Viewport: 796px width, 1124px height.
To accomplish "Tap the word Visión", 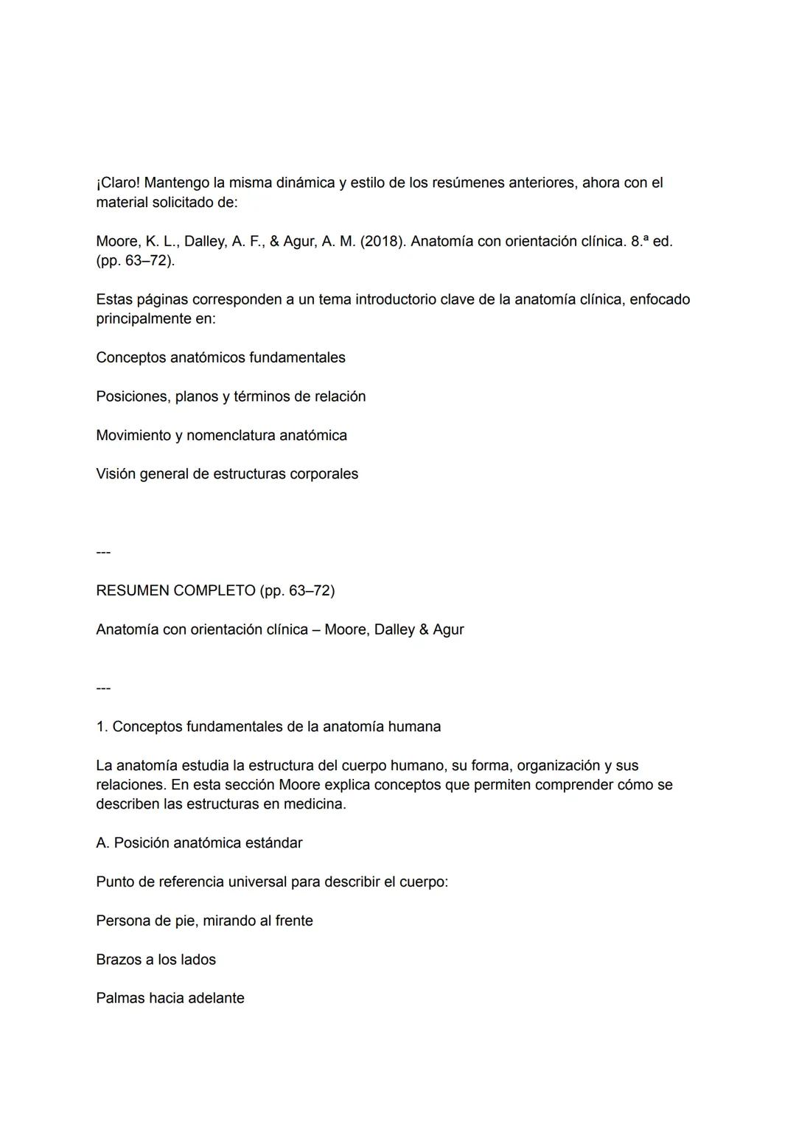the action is click(x=115, y=474).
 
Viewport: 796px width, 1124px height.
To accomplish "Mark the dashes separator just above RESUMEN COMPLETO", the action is click(x=103, y=552).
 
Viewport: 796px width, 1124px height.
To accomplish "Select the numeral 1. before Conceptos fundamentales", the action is click(x=102, y=727).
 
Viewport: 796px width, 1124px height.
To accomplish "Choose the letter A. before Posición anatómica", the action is click(x=102, y=843).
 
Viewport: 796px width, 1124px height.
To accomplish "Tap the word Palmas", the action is click(x=120, y=999).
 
